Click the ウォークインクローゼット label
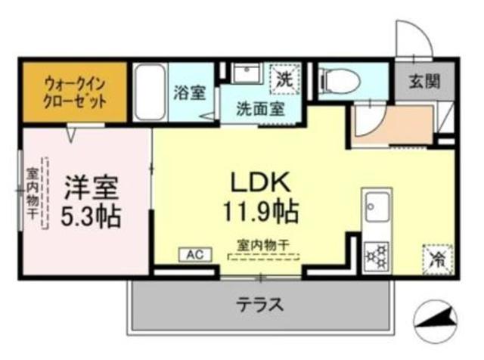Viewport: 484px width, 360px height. pos(74,92)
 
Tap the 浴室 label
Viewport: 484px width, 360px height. pos(190,92)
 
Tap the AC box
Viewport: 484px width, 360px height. pos(191,255)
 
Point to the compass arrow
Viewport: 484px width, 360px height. pos(438,318)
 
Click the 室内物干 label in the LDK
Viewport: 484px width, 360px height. pos(264,244)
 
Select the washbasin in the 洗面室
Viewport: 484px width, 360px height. pos(247,76)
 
